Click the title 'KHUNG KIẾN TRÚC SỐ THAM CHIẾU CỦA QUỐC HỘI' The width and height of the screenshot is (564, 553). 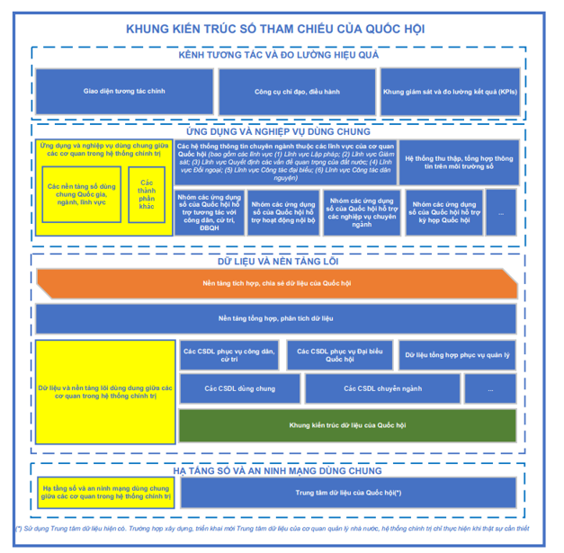(276, 29)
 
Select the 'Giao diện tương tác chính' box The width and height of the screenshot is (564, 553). (124, 92)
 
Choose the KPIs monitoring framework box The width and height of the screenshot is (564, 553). (450, 92)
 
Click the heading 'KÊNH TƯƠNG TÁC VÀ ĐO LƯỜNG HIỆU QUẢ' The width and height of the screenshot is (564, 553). (278, 56)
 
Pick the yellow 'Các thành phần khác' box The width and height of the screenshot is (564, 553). (147, 194)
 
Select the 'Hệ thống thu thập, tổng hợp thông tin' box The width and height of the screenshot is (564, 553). (459, 163)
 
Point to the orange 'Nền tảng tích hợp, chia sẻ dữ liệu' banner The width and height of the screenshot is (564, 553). (277, 283)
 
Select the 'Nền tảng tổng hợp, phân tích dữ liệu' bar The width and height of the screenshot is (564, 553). (276, 318)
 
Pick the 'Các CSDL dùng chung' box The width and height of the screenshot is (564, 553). (239, 388)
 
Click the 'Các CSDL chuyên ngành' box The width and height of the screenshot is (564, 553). (381, 388)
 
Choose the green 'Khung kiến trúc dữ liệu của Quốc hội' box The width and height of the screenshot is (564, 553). (348, 424)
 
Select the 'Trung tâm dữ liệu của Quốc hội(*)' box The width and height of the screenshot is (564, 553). (348, 493)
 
